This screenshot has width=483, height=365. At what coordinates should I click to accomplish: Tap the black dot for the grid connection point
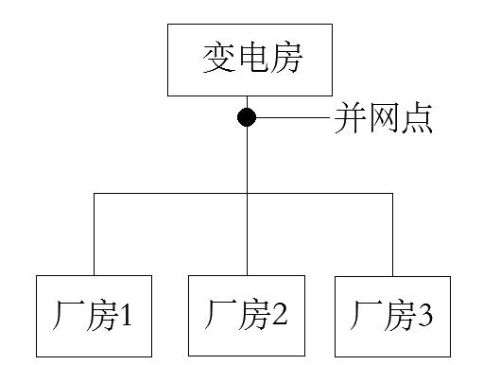coord(247,118)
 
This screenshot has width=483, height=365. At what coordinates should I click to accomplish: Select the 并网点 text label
coord(383,119)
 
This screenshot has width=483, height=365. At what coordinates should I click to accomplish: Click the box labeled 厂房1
coord(95,316)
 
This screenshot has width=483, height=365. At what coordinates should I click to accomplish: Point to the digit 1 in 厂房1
coord(126,316)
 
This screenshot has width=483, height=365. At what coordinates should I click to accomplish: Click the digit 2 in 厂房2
coord(278,316)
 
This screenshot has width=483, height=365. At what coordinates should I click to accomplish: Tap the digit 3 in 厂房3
coord(425,316)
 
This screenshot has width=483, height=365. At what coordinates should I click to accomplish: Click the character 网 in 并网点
coord(383,119)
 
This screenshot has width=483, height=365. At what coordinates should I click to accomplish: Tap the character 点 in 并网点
coord(416,119)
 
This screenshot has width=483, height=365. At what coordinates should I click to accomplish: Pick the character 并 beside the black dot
coord(349,119)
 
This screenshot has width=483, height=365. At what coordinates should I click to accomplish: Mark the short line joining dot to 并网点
coord(292,118)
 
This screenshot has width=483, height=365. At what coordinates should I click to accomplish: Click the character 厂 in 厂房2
coord(221,316)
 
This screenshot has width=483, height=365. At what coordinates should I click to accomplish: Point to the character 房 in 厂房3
coord(397,316)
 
